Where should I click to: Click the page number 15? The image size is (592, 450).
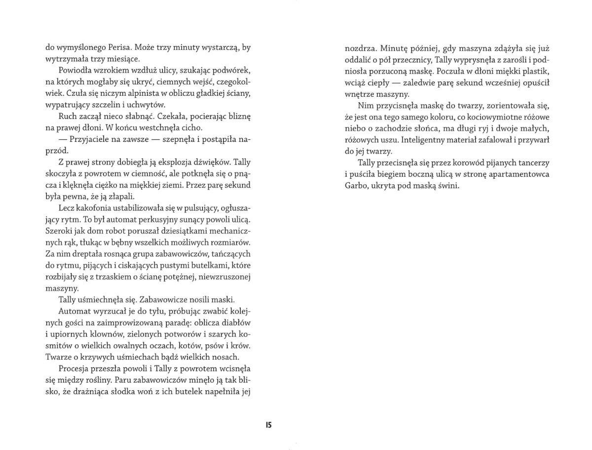[269, 425]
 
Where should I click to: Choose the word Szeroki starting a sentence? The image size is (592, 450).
[58, 231]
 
